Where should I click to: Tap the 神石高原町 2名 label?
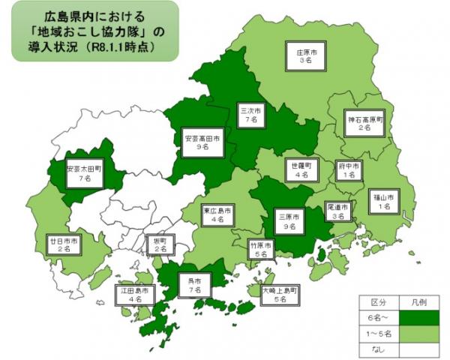click(x=364, y=123)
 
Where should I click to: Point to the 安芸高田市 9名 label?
click(x=202, y=143)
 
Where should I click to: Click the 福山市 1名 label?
click(x=384, y=200)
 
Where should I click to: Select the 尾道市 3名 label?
click(x=339, y=211)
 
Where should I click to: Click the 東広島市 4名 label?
click(x=218, y=215)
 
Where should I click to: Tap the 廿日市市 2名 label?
click(x=63, y=242)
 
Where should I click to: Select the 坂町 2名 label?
click(x=159, y=244)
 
